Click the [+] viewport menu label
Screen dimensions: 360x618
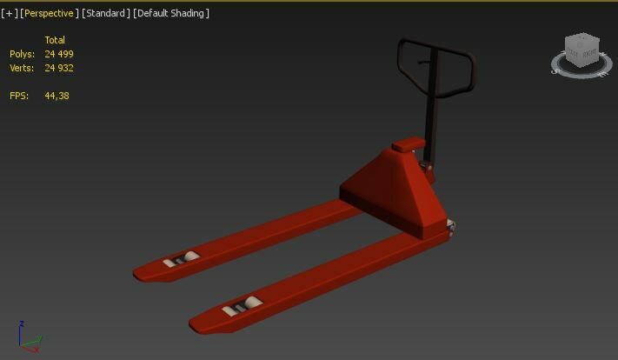tap(9, 13)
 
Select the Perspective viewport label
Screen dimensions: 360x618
tap(49, 13)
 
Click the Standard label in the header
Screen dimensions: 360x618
tap(106, 13)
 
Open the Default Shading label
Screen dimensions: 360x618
tap(171, 13)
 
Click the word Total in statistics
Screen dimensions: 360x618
tap(55, 40)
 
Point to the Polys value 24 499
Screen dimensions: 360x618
tap(59, 54)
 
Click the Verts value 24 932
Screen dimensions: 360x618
tap(59, 68)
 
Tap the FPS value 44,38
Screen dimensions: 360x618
tap(56, 96)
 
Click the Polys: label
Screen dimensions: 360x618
tap(22, 54)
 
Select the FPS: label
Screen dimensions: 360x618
tap(19, 96)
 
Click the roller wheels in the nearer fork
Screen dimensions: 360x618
tap(243, 305)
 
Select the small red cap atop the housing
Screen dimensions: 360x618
tap(409, 144)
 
